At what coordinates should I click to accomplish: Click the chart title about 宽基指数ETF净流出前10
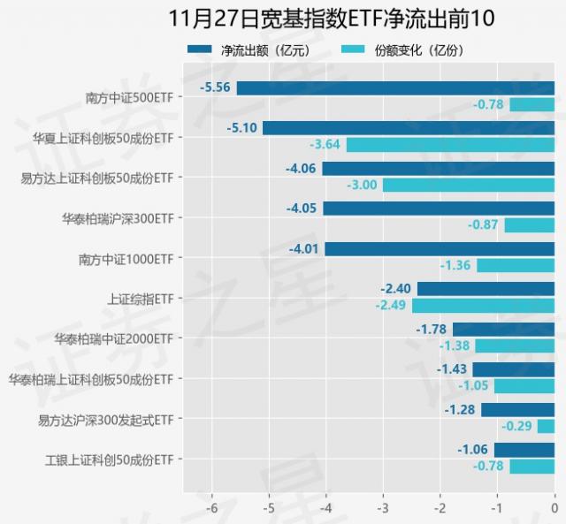(282, 19)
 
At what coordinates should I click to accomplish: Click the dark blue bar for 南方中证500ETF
(395, 87)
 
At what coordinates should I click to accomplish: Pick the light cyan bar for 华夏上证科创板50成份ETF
(450, 144)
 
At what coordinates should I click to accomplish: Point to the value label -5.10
(241, 128)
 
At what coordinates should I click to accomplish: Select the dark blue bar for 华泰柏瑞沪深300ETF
(439, 209)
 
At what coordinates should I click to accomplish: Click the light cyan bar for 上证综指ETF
(483, 306)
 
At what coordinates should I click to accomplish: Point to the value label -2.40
(396, 289)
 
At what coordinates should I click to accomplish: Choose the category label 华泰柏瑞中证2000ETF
(112, 338)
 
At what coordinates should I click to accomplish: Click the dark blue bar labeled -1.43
(513, 369)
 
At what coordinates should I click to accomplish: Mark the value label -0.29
(517, 426)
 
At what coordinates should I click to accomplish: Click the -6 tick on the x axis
(211, 508)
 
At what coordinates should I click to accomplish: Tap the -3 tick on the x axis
(383, 508)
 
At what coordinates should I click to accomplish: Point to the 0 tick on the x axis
(554, 508)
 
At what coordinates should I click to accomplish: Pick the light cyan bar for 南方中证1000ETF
(516, 265)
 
